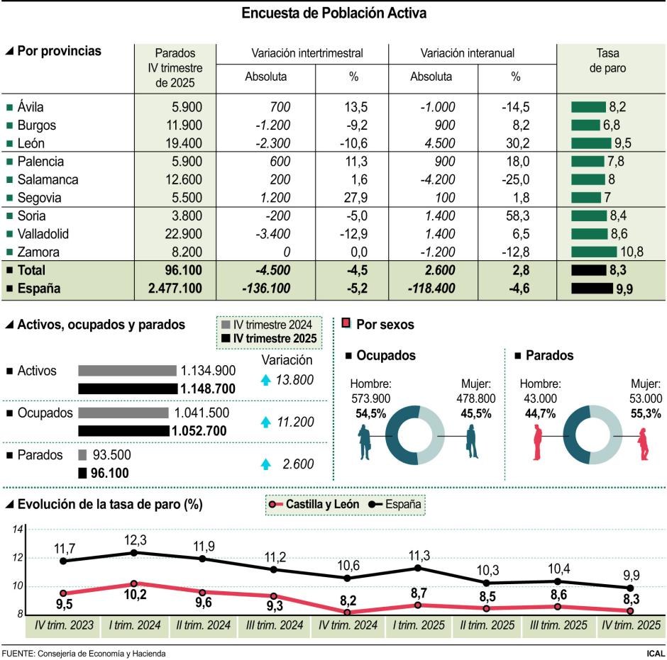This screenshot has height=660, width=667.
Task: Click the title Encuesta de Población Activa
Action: (333, 13)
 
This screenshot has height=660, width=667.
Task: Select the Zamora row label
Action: (38, 252)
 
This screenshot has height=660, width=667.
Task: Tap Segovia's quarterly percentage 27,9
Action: (354, 198)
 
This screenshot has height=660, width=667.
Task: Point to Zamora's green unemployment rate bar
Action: (594, 252)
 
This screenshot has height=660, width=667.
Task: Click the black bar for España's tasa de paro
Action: (592, 289)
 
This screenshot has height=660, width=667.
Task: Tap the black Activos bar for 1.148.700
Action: (126, 388)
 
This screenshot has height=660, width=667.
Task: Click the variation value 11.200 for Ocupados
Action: (294, 422)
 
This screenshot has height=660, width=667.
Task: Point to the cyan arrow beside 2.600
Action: (265, 464)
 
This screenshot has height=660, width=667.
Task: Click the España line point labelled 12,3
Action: (135, 552)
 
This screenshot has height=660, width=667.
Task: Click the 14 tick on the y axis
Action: (18, 530)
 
